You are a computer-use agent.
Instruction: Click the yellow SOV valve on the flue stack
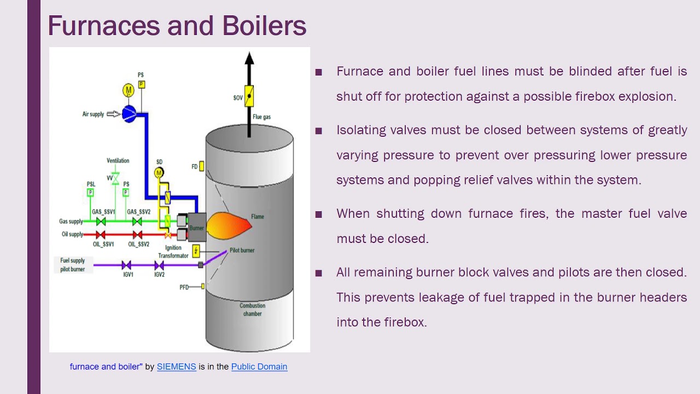pyautogui.click(x=249, y=96)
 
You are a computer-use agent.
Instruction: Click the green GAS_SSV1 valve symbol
pyautogui.click(x=101, y=222)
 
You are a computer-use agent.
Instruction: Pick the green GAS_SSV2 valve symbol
pyautogui.click(x=137, y=222)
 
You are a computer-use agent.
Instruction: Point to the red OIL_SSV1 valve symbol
pyautogui.click(x=101, y=235)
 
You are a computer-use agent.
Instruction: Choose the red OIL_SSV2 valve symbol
pyautogui.click(x=137, y=235)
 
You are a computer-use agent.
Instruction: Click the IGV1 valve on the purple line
pyautogui.click(x=126, y=265)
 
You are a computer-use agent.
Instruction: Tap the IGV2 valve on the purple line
pyautogui.click(x=159, y=265)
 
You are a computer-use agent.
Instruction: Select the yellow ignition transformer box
pyautogui.click(x=196, y=251)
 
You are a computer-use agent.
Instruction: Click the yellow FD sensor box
pyautogui.click(x=202, y=166)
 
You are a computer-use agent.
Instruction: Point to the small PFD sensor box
pyautogui.click(x=203, y=286)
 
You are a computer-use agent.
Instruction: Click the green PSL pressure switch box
pyautogui.click(x=91, y=193)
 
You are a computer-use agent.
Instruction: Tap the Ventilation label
pyautogui.click(x=118, y=161)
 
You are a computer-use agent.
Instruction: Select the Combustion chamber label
pyautogui.click(x=252, y=310)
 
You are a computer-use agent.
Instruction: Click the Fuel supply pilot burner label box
pyautogui.click(x=73, y=265)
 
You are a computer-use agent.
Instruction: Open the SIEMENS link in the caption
pyautogui.click(x=176, y=367)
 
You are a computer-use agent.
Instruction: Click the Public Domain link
pyautogui.click(x=259, y=367)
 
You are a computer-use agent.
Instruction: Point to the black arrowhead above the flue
pyautogui.click(x=249, y=58)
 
